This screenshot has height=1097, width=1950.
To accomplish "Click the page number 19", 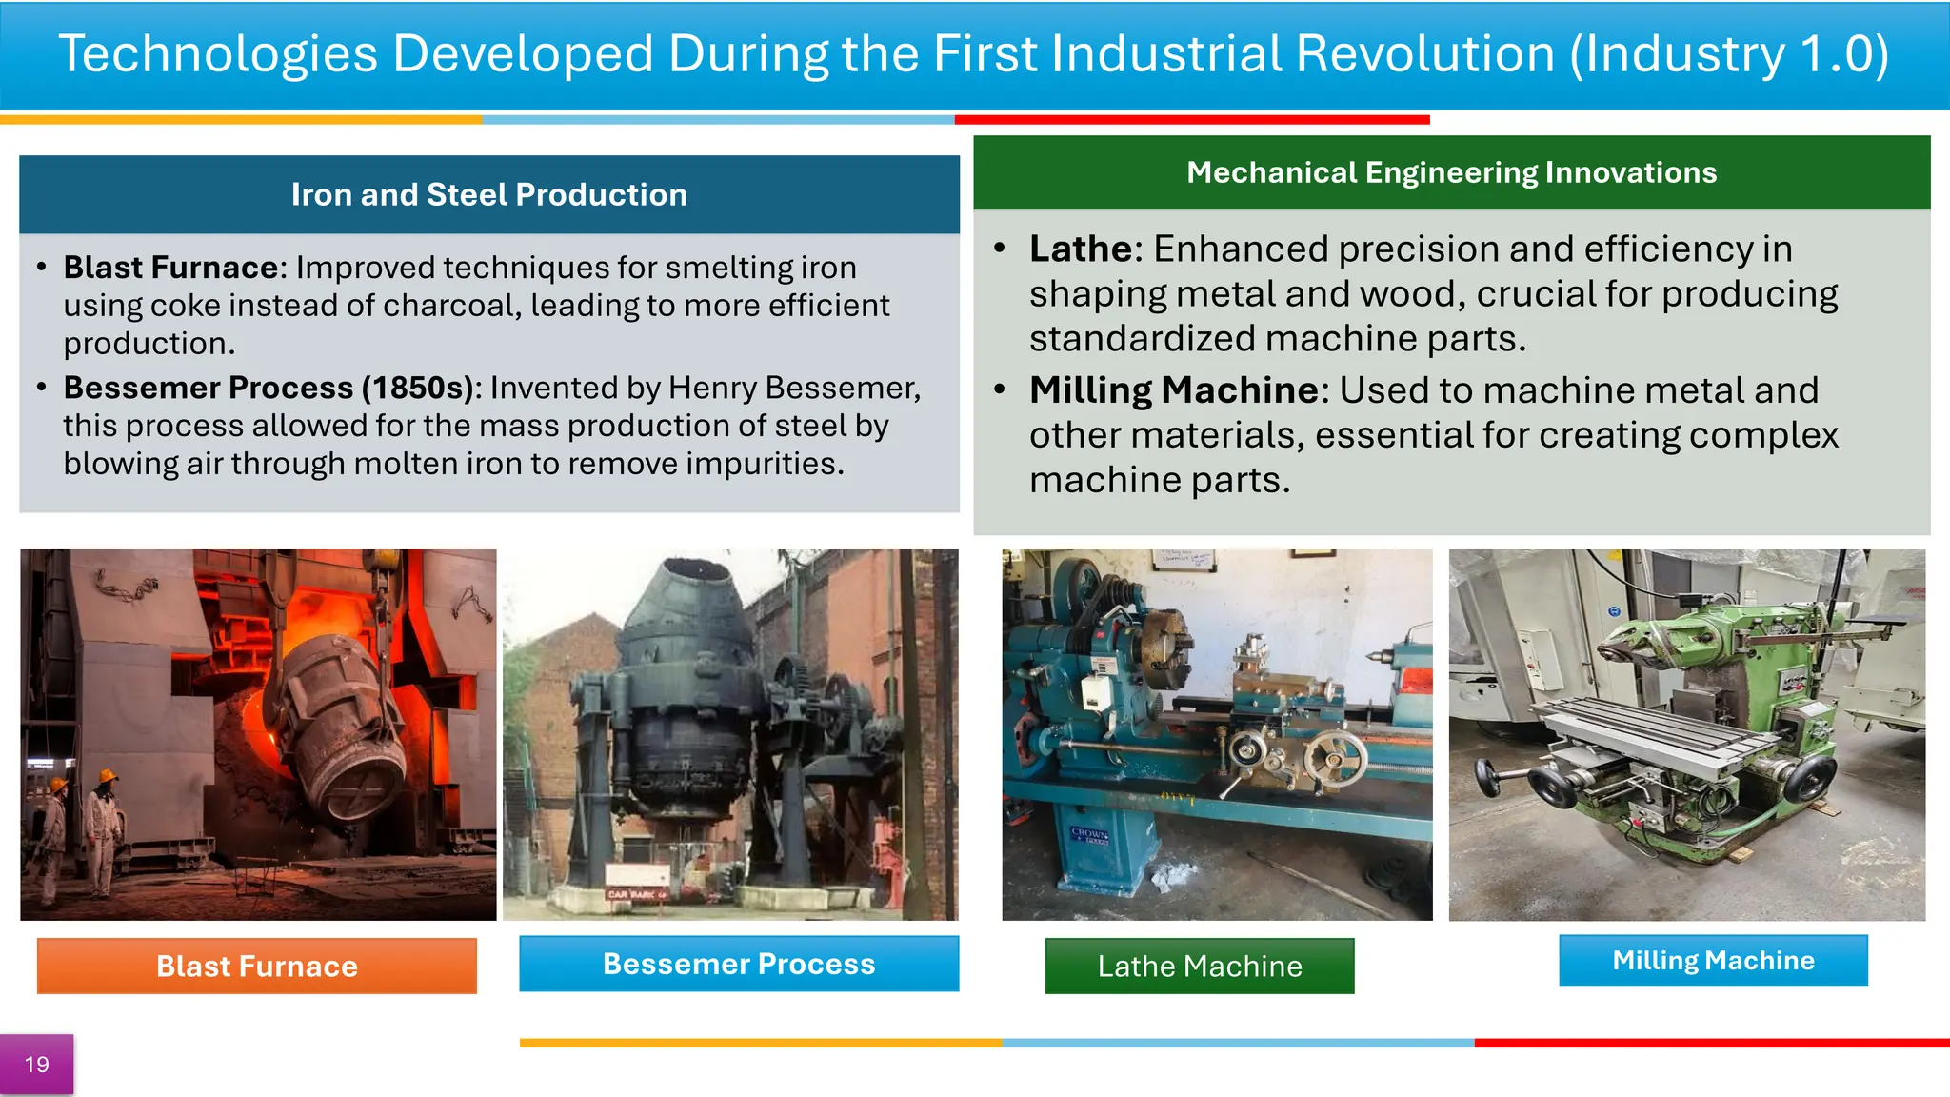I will (x=36, y=1065).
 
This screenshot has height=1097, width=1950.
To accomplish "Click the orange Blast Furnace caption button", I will (x=257, y=966).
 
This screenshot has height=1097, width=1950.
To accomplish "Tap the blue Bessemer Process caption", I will (x=739, y=964).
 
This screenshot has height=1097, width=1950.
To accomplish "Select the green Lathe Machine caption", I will (x=1199, y=966).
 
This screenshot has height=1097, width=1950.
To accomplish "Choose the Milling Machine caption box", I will (x=1713, y=960).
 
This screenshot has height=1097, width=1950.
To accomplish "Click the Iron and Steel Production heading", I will (x=488, y=194).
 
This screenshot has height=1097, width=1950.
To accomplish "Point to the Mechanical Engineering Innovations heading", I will (x=1451, y=172).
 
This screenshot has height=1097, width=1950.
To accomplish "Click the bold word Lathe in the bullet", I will (x=1080, y=249).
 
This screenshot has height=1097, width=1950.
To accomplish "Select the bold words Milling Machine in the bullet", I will (x=1173, y=390).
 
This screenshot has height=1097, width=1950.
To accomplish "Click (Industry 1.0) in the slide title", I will (x=1728, y=54).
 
